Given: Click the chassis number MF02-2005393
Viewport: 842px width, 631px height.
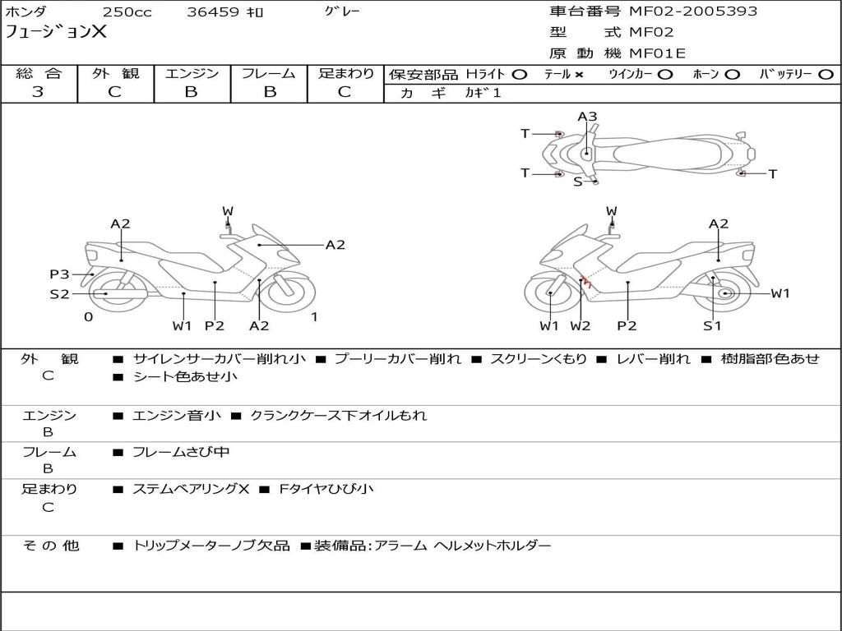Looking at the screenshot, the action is [x=693, y=11].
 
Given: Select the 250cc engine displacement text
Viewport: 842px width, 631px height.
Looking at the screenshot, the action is [x=127, y=12].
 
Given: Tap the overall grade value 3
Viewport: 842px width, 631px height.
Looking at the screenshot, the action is [x=38, y=91].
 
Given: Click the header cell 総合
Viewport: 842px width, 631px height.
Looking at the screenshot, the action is [x=39, y=73].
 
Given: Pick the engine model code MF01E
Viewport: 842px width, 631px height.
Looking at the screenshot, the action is [x=657, y=53].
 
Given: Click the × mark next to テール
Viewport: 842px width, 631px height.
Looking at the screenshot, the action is [x=579, y=75].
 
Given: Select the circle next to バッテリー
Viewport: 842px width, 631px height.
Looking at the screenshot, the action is [x=826, y=75].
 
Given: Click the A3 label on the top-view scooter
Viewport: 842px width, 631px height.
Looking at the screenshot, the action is [x=587, y=117].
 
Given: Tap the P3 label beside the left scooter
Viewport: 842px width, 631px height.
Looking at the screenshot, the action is [x=59, y=274].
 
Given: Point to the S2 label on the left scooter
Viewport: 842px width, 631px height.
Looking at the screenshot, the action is [x=59, y=294].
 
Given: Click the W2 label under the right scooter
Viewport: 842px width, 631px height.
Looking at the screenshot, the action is [x=580, y=325].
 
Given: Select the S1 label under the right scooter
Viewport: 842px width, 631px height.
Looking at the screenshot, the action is [x=712, y=325].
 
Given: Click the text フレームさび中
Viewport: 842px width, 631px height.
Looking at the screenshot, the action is [x=181, y=453].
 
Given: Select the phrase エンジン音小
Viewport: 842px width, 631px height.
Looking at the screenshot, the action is [x=176, y=416].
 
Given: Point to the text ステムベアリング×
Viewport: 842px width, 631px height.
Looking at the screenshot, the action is [x=191, y=489].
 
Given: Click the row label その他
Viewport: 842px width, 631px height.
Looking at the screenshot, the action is [x=50, y=546].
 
